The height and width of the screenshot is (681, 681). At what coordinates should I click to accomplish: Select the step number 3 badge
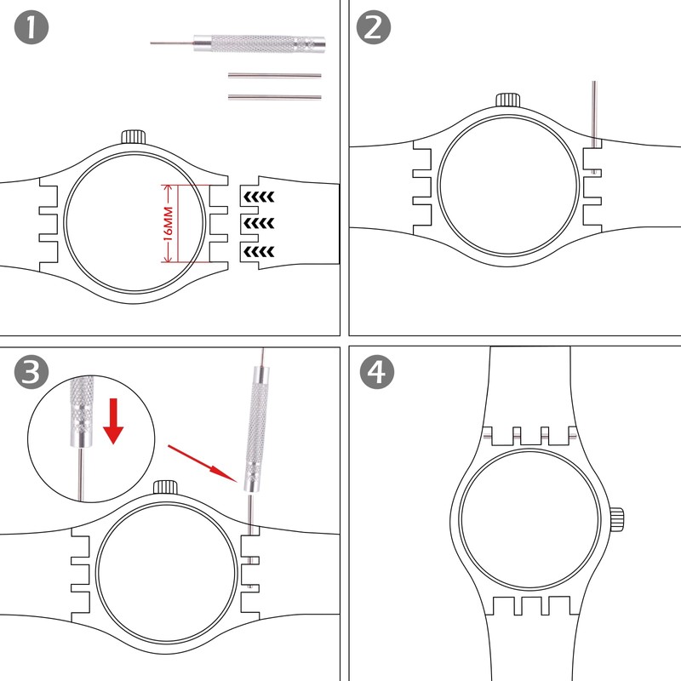pyautogui.click(x=31, y=372)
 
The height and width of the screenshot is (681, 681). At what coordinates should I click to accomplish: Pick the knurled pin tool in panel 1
pyautogui.click(x=255, y=42)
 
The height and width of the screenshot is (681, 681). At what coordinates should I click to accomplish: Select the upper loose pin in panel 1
pyautogui.click(x=274, y=74)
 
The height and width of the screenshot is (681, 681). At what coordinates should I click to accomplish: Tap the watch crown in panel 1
pyautogui.click(x=134, y=136)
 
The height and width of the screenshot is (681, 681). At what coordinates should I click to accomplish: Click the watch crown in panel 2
pyautogui.click(x=508, y=99)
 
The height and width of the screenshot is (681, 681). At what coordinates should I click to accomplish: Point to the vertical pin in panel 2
pyautogui.click(x=595, y=111)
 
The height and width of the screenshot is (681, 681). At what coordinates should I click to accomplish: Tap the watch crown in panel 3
pyautogui.click(x=165, y=488)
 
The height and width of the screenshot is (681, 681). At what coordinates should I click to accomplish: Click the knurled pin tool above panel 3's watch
pyautogui.click(x=255, y=426)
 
